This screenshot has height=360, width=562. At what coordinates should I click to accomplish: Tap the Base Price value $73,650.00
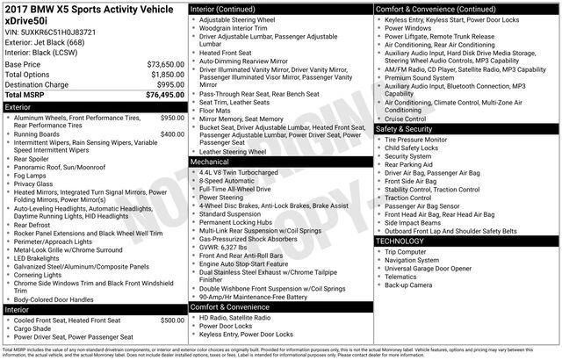point(164,65)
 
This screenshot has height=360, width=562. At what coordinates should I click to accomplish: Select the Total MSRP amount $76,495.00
point(164,94)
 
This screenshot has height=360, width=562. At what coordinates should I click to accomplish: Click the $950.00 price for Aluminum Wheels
point(172,117)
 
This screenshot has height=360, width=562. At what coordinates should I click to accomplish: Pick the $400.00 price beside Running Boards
point(172,133)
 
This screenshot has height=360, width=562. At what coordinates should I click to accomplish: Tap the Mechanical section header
point(210,162)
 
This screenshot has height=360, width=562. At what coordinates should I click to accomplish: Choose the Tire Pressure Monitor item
point(416,139)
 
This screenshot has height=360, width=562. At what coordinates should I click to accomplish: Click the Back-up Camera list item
point(409,284)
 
